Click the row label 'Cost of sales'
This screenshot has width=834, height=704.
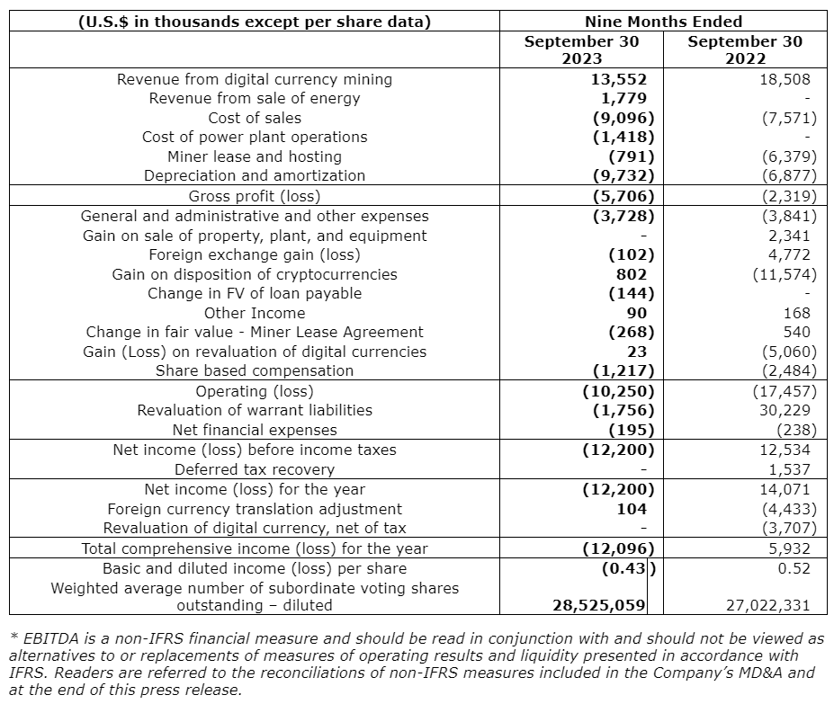tap(255, 118)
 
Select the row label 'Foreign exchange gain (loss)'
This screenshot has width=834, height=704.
tap(255, 254)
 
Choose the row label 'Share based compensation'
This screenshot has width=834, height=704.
tap(255, 370)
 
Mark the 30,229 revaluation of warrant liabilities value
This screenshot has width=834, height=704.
tap(786, 410)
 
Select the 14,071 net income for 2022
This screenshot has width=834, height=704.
tap(786, 489)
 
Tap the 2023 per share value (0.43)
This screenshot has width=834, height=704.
tap(627, 568)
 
